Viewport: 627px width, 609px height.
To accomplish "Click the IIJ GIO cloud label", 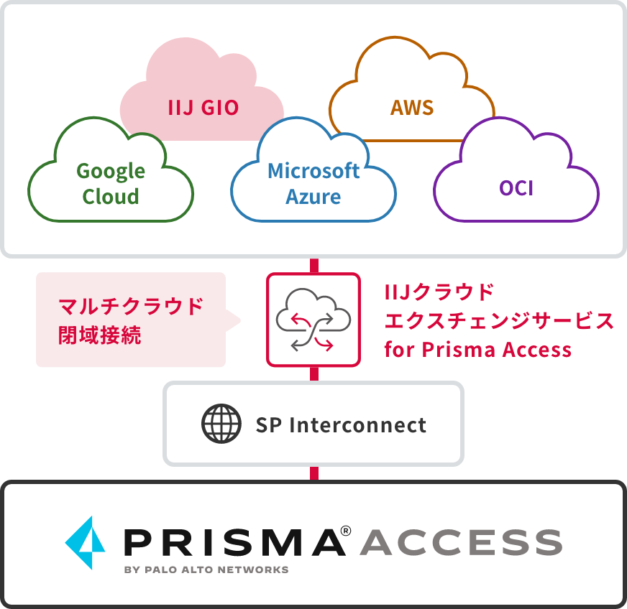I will tap(203, 108).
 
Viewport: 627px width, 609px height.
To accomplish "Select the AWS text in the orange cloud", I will tap(412, 108).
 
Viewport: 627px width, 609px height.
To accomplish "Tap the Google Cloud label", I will tap(111, 183).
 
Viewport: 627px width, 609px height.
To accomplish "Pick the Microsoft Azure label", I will tap(313, 183).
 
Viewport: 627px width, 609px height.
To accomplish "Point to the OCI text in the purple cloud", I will tap(516, 188).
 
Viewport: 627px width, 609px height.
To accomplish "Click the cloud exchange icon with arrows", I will tap(313, 320).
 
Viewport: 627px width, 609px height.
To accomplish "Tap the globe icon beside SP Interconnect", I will tap(221, 424).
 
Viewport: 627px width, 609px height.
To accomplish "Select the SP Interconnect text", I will tap(341, 424).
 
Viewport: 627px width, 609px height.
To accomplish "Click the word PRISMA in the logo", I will tap(234, 542).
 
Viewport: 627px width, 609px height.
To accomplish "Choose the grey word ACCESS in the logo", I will tap(460, 542).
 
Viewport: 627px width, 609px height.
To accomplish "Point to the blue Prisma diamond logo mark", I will tap(86, 543).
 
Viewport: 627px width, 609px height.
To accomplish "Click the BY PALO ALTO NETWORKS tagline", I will tap(206, 570).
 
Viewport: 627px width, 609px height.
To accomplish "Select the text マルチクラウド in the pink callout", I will tap(131, 307).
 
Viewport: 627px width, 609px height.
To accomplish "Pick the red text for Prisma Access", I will tap(477, 350).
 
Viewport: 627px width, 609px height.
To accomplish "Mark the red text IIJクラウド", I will tap(439, 292).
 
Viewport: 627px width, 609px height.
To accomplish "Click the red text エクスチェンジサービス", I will tap(500, 321).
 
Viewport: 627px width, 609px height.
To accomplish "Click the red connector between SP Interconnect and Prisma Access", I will tap(313, 473).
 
